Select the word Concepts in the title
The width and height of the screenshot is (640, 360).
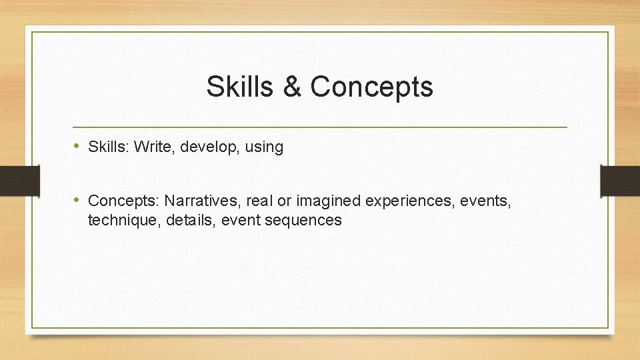pyautogui.click(x=371, y=87)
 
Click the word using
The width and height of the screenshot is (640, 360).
pyautogui.click(x=264, y=147)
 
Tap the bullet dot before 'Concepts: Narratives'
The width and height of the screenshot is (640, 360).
pyautogui.click(x=77, y=200)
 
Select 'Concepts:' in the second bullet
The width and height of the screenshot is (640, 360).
pyautogui.click(x=123, y=201)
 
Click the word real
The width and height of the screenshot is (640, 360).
pyautogui.click(x=259, y=201)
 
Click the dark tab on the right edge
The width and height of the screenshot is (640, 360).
pyautogui.click(x=620, y=181)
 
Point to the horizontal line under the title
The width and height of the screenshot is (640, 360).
pyautogui.click(x=320, y=127)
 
